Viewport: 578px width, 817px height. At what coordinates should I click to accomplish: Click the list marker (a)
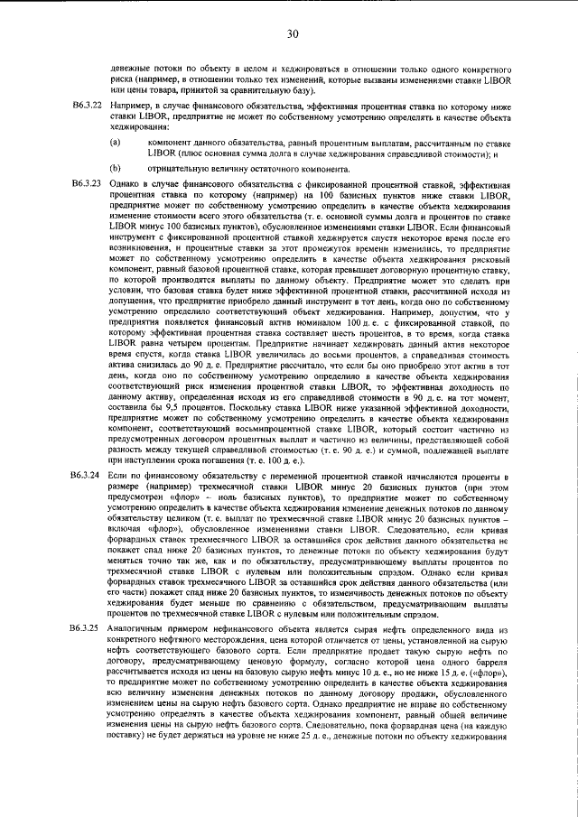(x=115, y=143)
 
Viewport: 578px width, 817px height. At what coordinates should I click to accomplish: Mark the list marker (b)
(x=115, y=168)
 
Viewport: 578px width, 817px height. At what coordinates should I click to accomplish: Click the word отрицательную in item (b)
(x=177, y=168)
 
